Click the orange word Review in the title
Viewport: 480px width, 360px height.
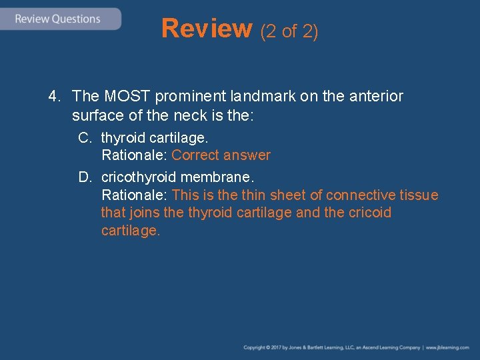206,29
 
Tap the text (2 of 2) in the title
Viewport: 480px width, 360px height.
289,31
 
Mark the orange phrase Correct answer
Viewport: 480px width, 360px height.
221,155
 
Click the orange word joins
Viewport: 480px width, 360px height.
145,213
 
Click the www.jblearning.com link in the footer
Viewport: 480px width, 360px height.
448,347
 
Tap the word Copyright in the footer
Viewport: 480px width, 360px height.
254,347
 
